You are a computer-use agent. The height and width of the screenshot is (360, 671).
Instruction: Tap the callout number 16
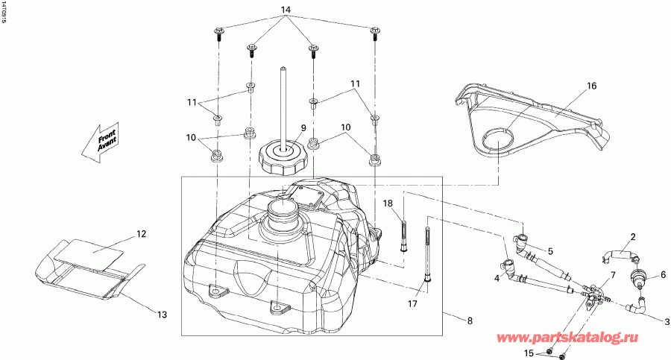click(x=591, y=86)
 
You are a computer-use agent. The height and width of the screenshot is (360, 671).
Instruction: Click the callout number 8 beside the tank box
click(x=468, y=321)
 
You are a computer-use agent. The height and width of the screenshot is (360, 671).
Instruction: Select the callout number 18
click(x=388, y=203)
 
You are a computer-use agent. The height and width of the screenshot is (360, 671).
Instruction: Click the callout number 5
click(x=550, y=251)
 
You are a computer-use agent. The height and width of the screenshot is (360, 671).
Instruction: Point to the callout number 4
click(x=495, y=278)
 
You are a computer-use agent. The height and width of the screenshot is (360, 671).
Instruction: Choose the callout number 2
click(x=632, y=238)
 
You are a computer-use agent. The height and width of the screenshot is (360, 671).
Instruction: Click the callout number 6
click(x=662, y=274)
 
